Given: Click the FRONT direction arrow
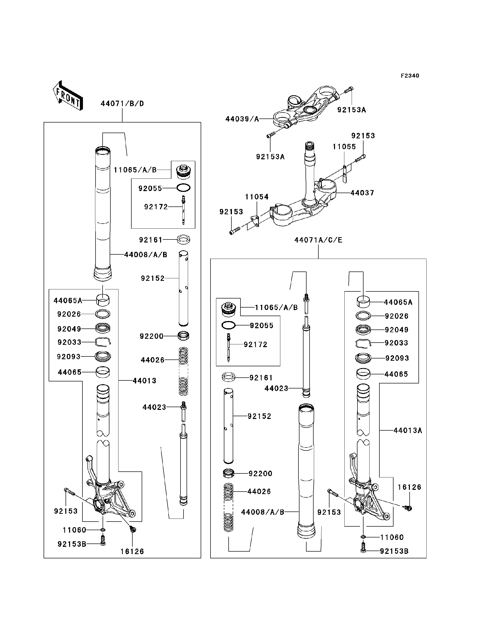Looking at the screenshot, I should click(68, 96).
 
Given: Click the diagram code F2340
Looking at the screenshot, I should click(410, 76).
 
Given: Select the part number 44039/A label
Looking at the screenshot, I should click(242, 119).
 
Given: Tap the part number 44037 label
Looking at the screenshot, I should click(362, 193).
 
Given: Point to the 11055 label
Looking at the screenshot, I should click(344, 147).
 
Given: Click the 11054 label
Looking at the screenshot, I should click(257, 197).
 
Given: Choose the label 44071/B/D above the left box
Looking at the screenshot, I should click(122, 104).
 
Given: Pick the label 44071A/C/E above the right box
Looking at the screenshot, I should click(318, 240).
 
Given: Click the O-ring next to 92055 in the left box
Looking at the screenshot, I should click(184, 188).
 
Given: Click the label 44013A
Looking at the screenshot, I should click(408, 431).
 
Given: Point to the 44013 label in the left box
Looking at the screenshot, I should click(144, 381).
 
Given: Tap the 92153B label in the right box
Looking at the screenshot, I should click(394, 551).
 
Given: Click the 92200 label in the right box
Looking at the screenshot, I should click(260, 473).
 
